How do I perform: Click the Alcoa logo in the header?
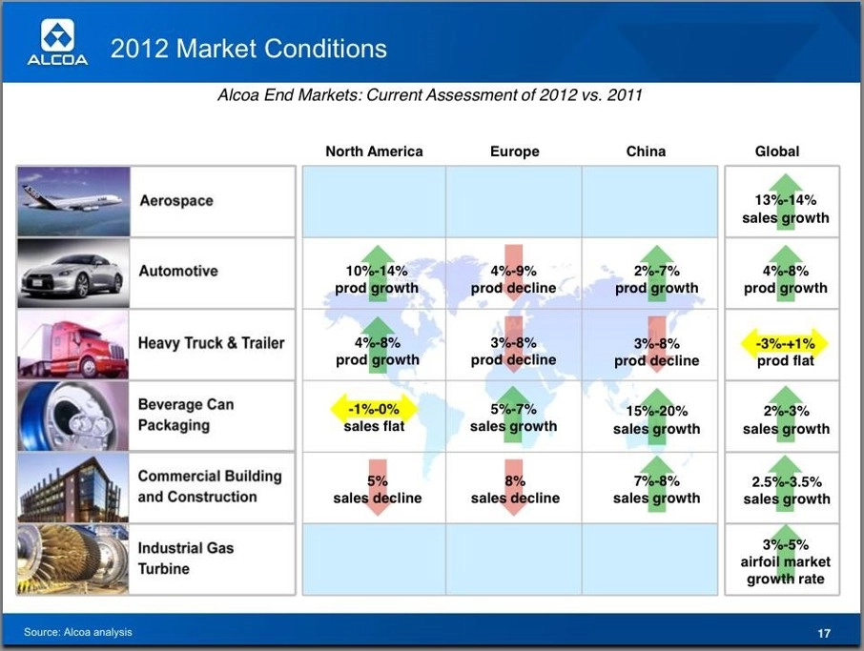click(x=58, y=42)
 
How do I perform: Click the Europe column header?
click(x=515, y=152)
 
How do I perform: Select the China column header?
click(x=646, y=152)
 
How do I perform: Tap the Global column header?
click(x=777, y=152)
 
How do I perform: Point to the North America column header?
click(x=374, y=152)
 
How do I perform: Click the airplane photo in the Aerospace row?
click(x=73, y=201)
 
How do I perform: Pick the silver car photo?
click(x=73, y=274)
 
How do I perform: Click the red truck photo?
click(x=73, y=345)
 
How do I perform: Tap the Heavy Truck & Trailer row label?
click(x=211, y=343)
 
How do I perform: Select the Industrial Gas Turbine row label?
click(x=186, y=559)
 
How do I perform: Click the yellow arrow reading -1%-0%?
click(x=374, y=409)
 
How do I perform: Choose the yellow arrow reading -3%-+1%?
click(x=785, y=344)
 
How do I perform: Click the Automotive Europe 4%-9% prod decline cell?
click(x=514, y=274)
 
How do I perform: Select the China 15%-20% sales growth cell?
click(x=656, y=417)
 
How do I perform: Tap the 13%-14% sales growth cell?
click(x=785, y=202)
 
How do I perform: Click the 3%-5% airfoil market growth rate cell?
click(x=785, y=560)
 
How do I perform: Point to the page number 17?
click(x=824, y=634)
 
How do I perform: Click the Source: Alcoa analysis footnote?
click(x=77, y=632)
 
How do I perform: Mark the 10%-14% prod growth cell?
click(x=377, y=274)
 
